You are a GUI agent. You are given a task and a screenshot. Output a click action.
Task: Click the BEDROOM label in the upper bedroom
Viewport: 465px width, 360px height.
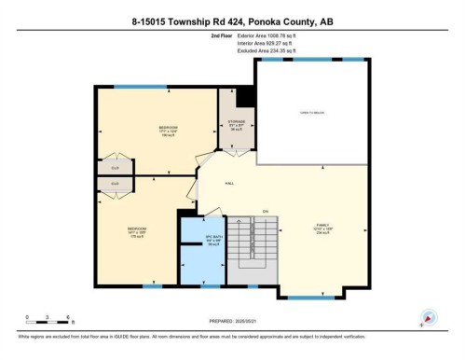[168, 127]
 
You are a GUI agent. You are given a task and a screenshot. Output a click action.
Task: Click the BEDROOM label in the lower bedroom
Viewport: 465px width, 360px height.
[138, 227]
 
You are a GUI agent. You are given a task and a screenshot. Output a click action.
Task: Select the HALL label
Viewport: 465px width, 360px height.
[229, 183]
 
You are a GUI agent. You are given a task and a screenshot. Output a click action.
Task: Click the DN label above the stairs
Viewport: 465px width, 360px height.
[265, 212]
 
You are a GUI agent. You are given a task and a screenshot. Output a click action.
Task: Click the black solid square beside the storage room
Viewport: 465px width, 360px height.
[246, 96]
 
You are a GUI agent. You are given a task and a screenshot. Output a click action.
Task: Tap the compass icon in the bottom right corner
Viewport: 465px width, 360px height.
[429, 317]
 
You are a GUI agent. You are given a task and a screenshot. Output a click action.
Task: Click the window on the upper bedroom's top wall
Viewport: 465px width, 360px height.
[155, 87]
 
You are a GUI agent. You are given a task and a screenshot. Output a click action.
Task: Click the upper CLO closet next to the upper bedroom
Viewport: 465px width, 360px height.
[116, 167]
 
